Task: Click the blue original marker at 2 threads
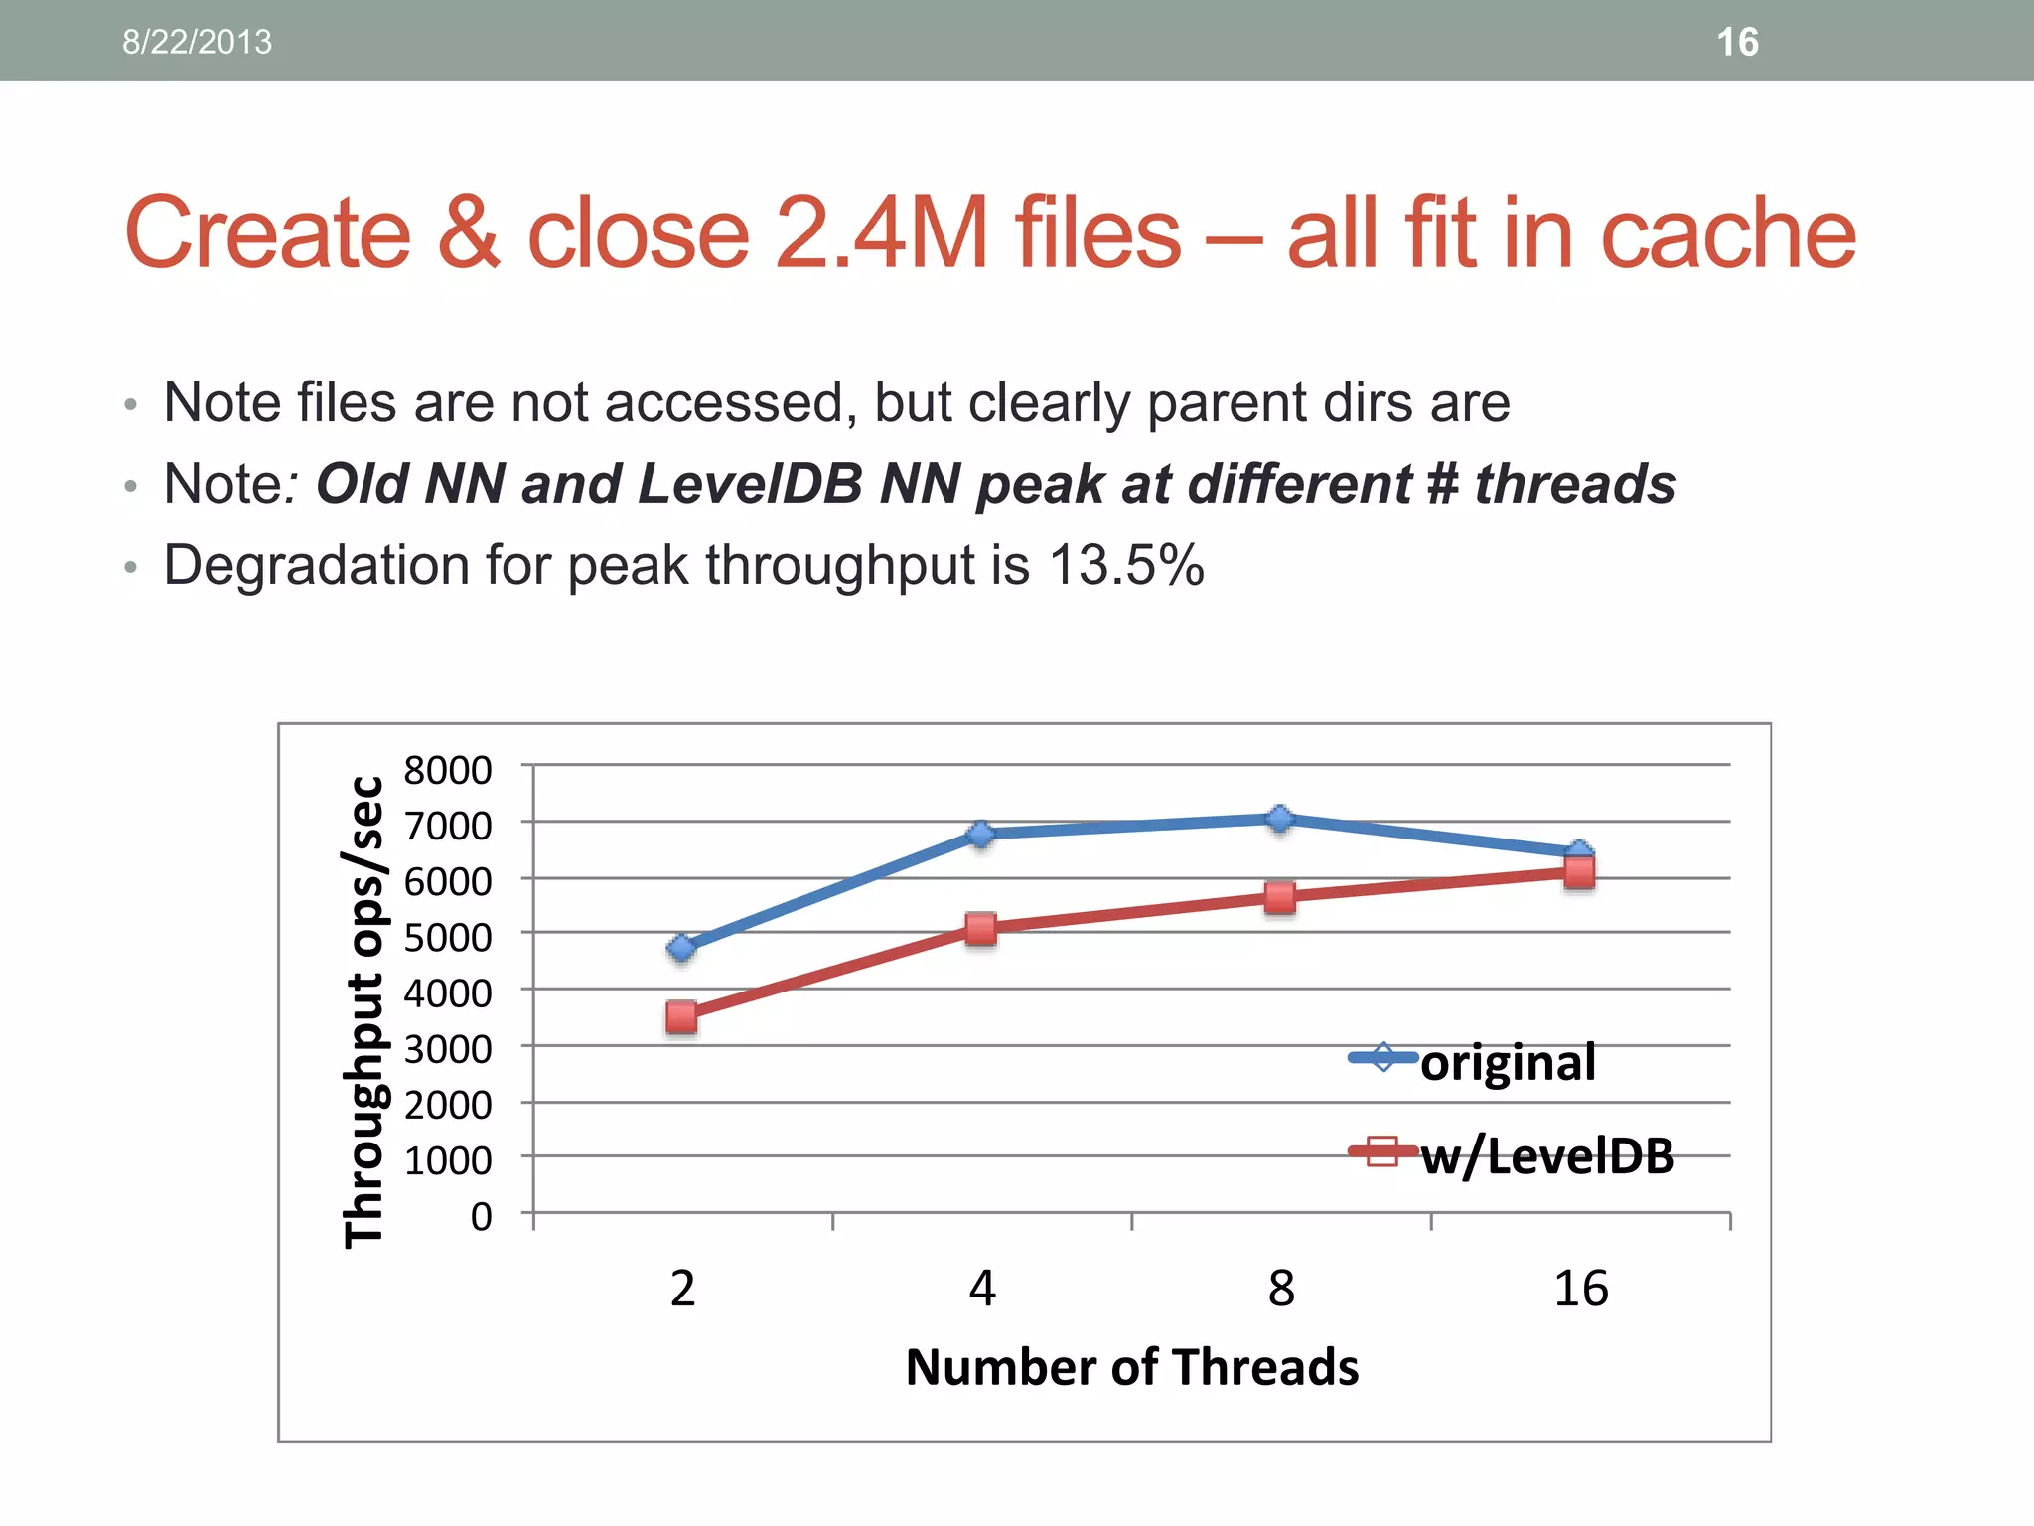[x=681, y=948]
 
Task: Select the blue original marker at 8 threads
[x=1280, y=819]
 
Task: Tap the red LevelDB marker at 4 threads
[x=980, y=929]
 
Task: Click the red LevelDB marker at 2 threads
[x=681, y=1016]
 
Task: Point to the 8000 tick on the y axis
[x=448, y=770]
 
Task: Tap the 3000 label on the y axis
[x=448, y=1048]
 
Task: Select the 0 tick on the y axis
[x=481, y=1215]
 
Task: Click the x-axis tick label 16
[x=1580, y=1289]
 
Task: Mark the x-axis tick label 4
[x=981, y=1289]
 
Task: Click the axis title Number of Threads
[x=1131, y=1367]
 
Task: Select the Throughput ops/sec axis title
[x=363, y=1011]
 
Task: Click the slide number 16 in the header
[x=1737, y=42]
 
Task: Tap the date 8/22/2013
[x=197, y=42]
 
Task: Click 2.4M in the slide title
[x=879, y=232]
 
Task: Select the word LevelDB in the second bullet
[x=750, y=484]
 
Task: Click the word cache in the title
[x=1728, y=232]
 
